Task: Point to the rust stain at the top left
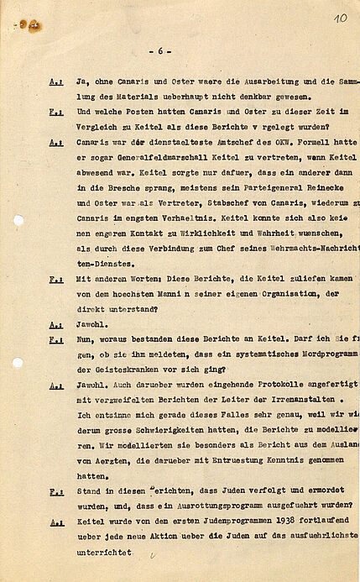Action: point(31,25)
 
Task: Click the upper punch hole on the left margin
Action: point(18,220)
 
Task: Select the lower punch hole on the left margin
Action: point(18,363)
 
